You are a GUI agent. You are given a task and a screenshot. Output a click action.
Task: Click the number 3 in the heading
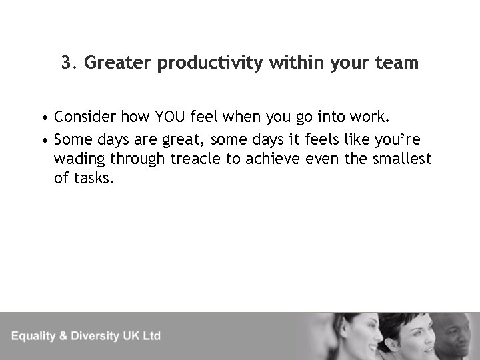[x=65, y=63]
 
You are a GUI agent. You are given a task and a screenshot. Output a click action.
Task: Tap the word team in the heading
[x=397, y=63]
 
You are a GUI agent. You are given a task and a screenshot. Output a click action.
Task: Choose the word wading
[x=79, y=159]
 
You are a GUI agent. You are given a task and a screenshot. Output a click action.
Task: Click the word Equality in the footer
[x=37, y=336]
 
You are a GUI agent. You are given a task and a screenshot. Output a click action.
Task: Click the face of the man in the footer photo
[x=453, y=337]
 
